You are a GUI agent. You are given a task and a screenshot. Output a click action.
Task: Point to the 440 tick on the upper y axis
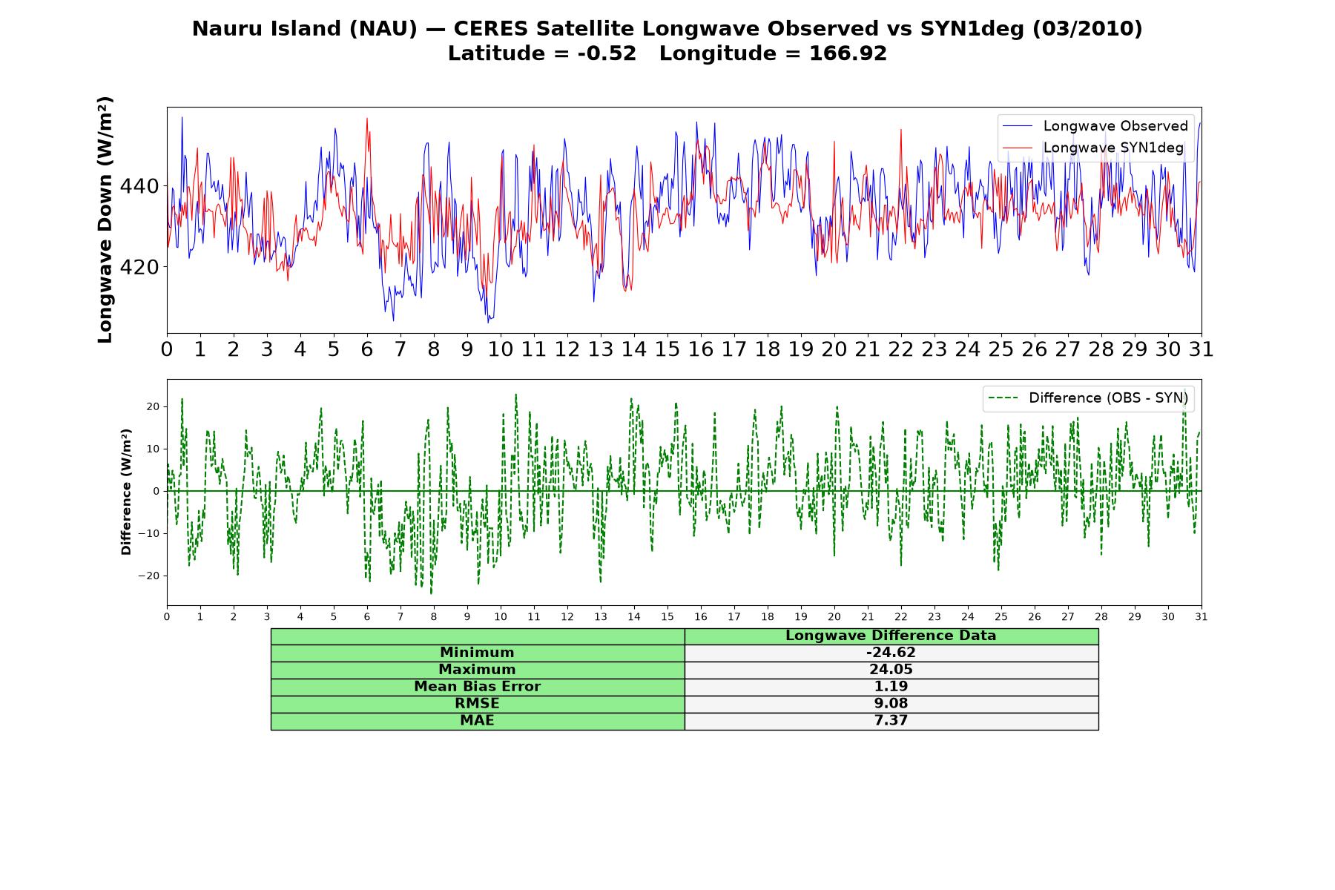[x=139, y=186]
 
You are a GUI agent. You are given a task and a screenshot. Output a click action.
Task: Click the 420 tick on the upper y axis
[x=139, y=267]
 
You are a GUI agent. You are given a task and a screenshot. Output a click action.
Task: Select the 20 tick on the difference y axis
[x=154, y=406]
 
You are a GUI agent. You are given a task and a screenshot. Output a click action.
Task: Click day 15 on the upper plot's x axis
[x=667, y=349]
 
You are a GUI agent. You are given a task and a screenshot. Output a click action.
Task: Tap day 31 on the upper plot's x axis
[x=1201, y=349]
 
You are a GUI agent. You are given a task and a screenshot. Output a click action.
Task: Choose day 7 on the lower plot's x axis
[x=400, y=616]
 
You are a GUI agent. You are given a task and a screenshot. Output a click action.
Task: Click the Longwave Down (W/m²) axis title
[x=105, y=220]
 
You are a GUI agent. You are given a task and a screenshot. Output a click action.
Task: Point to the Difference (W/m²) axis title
[x=126, y=492]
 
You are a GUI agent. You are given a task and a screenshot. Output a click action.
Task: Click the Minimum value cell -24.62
[x=891, y=653]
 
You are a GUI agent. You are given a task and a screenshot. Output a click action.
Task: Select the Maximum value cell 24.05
[x=891, y=670]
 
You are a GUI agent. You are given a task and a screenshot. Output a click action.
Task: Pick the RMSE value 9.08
[x=891, y=704]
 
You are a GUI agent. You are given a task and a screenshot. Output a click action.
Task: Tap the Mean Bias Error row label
[x=477, y=687]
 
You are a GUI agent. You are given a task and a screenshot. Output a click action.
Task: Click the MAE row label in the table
[x=477, y=721]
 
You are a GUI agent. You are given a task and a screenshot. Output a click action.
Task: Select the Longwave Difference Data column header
[x=891, y=636]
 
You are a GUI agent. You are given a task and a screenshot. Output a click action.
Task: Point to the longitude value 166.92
[x=848, y=53]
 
